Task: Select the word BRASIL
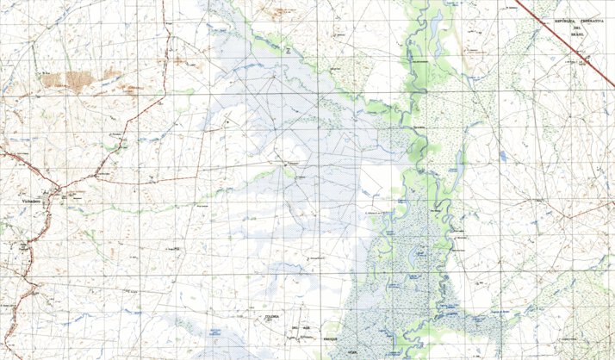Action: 580,34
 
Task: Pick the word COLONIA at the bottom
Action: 272,316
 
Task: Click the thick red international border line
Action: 560,34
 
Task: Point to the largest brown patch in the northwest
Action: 69,79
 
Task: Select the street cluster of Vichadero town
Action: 52,194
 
